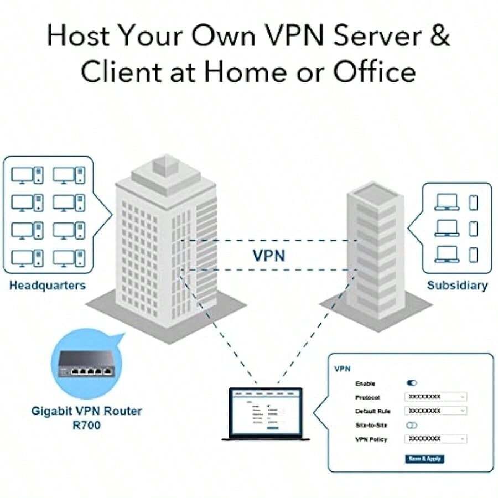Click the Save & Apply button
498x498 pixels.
[425, 459]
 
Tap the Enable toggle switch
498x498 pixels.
[412, 383]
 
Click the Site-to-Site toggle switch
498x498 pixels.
[412, 425]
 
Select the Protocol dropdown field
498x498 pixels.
[436, 397]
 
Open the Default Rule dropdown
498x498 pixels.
[436, 411]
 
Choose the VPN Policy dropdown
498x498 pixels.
[436, 439]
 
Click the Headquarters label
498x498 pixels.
[48, 286]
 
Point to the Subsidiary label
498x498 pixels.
[457, 286]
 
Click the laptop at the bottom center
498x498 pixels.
[266, 413]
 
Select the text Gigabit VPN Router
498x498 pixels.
[86, 411]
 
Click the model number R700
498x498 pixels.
[86, 425]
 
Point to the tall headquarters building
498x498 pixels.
[166, 238]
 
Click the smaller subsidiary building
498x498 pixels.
[372, 249]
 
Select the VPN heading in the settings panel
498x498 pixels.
[343, 368]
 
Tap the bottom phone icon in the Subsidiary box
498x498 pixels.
[473, 255]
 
